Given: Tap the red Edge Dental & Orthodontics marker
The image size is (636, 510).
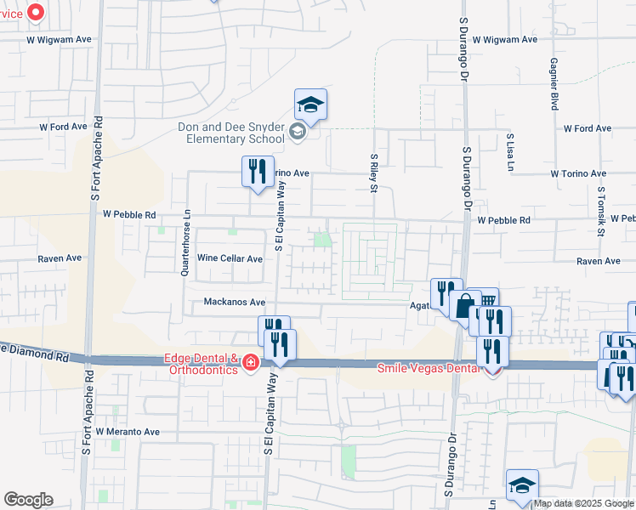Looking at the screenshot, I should point(251,364).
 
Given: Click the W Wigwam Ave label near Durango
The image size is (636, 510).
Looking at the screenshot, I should point(505,40).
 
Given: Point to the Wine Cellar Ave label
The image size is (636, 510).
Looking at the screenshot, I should point(230,258).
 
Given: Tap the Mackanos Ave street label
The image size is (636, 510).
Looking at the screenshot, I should point(235,302).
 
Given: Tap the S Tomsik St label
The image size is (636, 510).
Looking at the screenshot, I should point(600,212).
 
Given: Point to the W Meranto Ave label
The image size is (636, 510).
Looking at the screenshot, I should point(128,432).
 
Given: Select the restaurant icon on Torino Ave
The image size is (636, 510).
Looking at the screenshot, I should point(258,172).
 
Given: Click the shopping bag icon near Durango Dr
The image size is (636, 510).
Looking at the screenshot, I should point(466,305).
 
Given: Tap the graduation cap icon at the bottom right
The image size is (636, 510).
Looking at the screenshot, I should point(522,485).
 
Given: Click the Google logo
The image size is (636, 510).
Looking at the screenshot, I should point(28,500).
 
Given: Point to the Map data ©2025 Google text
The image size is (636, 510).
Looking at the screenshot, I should point(582,504).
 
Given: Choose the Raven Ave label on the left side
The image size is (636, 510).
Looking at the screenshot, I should point(60,258).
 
